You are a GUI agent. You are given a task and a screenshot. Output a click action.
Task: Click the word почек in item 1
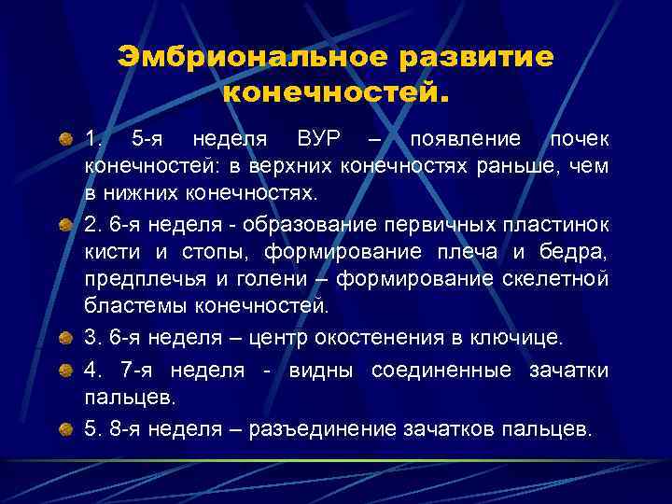click(x=580, y=140)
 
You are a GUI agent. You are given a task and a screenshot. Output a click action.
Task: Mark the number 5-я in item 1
click(x=150, y=140)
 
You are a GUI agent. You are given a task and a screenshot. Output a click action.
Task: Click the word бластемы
click(x=130, y=306)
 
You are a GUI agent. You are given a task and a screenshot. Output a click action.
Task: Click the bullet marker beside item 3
click(x=66, y=337)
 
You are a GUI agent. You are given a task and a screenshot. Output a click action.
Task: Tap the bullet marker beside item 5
click(x=66, y=429)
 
